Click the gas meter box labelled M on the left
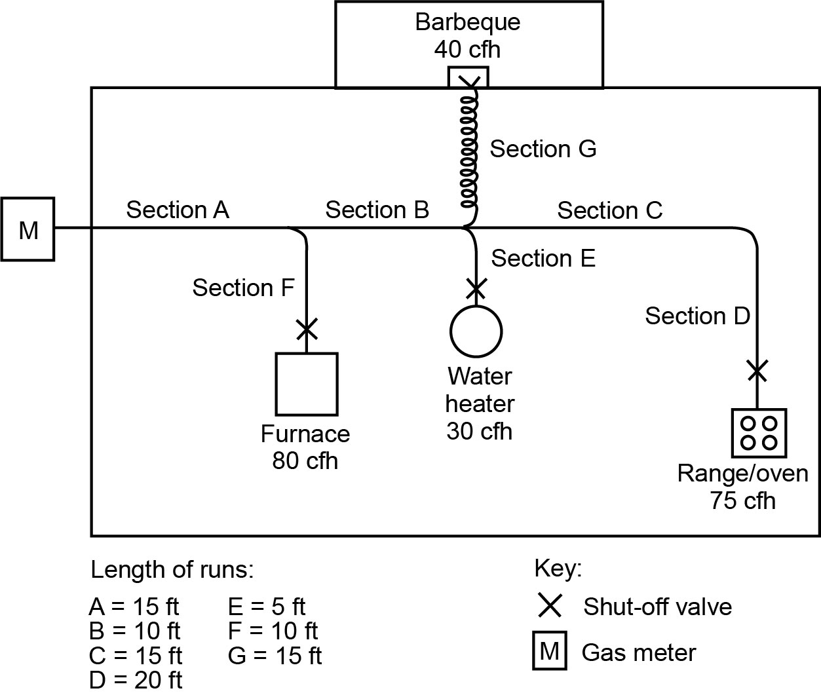coord(28,229)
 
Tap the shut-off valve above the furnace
coord(307,329)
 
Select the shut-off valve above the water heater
coord(476,287)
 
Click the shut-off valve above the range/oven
coord(757,371)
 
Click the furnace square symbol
coord(307,385)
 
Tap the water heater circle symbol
coord(476,331)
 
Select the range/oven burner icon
coord(759,433)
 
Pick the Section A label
coord(178,210)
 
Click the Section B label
coord(377,210)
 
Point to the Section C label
coord(609,210)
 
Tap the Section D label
coord(697,316)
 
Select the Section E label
coord(543,258)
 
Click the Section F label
coord(243,287)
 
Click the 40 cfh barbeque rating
coord(467,49)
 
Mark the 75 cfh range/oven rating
coord(742,500)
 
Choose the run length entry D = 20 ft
coord(136,680)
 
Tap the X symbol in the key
coord(549,606)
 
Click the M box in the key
coord(550,652)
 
